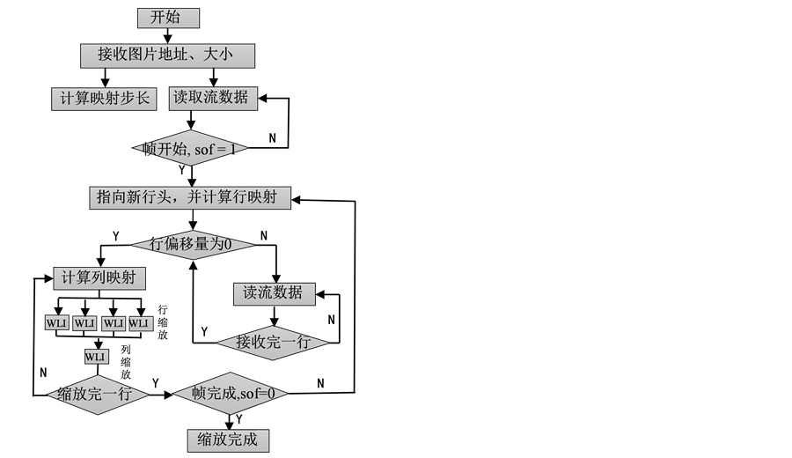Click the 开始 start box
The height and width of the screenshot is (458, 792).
pyautogui.click(x=169, y=18)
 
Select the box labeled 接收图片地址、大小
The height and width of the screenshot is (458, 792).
pyautogui.click(x=167, y=55)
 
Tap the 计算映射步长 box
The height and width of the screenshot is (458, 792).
pyautogui.click(x=104, y=99)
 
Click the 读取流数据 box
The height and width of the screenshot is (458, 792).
pyautogui.click(x=213, y=98)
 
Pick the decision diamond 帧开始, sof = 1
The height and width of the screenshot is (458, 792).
pyautogui.click(x=190, y=150)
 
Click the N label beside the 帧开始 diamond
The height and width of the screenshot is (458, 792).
pyautogui.click(x=270, y=137)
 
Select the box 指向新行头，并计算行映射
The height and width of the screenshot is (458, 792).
pyautogui.click(x=190, y=197)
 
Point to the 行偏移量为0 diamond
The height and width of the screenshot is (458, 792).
pyautogui.click(x=190, y=244)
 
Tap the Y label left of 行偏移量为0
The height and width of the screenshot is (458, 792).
pyautogui.click(x=115, y=235)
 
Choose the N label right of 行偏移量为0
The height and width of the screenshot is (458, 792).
pyautogui.click(x=261, y=235)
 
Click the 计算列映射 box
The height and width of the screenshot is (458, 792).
pyautogui.click(x=99, y=278)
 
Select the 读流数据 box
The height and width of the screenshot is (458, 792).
pyautogui.click(x=274, y=293)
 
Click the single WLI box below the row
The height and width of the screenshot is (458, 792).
pyautogui.click(x=96, y=357)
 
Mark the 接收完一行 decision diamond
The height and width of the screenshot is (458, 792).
pyautogui.click(x=273, y=343)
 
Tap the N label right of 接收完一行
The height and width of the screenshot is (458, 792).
pyautogui.click(x=329, y=321)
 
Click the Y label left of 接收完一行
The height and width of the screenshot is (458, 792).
pyautogui.click(x=203, y=331)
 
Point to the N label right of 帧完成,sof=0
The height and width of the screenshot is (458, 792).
pyautogui.click(x=321, y=383)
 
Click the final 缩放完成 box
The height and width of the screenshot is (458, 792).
pyautogui.click(x=228, y=440)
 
